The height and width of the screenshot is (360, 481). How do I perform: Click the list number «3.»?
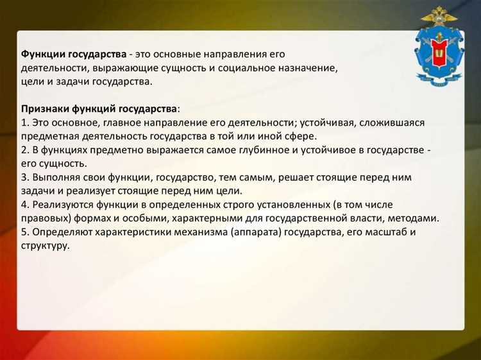pyautogui.click(x=25, y=177)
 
